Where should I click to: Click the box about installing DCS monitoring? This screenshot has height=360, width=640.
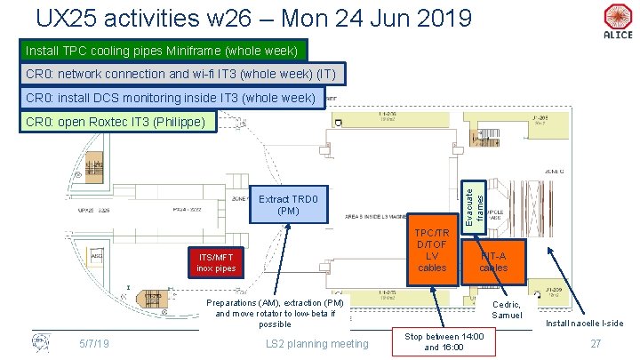171,98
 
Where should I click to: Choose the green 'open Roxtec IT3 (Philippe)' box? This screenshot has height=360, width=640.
116,122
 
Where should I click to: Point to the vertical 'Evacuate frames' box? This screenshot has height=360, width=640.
474,200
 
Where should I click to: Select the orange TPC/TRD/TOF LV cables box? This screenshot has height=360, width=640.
432,250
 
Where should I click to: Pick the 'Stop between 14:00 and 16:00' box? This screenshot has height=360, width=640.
444,342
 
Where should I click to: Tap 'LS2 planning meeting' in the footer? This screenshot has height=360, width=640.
317,343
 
